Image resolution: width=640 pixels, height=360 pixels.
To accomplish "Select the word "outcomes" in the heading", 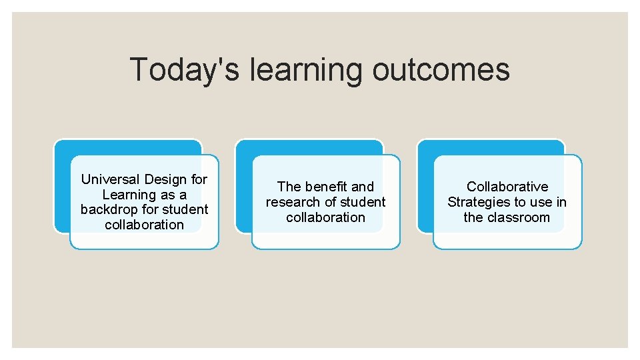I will [x=441, y=70].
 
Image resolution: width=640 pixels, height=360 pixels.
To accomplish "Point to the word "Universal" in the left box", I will [x=110, y=179].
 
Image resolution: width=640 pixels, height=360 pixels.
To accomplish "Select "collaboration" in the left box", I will [x=144, y=225].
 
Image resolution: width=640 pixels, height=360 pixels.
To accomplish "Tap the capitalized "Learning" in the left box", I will [x=127, y=195].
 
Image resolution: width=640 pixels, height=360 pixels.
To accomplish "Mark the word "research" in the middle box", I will [x=291, y=202].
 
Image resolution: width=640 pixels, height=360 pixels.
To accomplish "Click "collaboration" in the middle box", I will [x=325, y=217].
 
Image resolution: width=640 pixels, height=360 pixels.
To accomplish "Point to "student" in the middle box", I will [x=363, y=202].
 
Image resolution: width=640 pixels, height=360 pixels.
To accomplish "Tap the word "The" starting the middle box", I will [x=289, y=187].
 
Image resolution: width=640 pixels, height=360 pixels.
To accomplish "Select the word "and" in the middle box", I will [x=363, y=187].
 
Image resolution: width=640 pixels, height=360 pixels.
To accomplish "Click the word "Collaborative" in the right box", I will [x=507, y=187].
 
